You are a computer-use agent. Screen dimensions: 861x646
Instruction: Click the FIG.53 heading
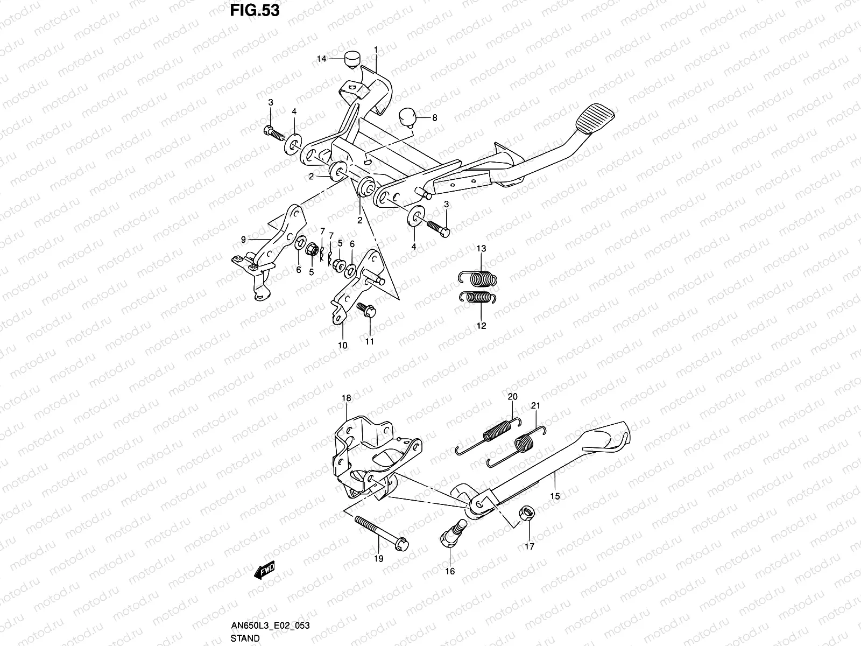click(x=255, y=11)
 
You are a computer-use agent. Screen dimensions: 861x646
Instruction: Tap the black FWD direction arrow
click(x=264, y=570)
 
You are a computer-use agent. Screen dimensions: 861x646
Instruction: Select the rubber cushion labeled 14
click(x=352, y=60)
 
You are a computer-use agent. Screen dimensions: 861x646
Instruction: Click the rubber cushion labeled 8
click(x=407, y=118)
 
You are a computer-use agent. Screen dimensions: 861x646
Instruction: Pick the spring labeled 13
click(x=478, y=279)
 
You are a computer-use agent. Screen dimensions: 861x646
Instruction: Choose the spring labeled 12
click(x=477, y=297)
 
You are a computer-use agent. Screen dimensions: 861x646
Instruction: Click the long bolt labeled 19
click(x=382, y=533)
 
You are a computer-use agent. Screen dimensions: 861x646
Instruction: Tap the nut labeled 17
click(x=526, y=512)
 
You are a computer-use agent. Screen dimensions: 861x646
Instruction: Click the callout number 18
click(x=347, y=398)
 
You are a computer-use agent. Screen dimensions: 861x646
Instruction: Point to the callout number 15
click(x=555, y=496)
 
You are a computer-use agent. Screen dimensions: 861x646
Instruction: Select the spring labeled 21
click(x=516, y=447)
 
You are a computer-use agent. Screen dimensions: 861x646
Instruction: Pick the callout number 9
click(x=243, y=239)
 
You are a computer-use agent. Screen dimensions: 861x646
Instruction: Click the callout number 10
click(x=342, y=346)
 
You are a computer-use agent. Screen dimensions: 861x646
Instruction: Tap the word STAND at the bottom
click(x=245, y=638)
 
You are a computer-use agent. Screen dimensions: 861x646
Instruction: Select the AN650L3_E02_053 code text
click(x=270, y=625)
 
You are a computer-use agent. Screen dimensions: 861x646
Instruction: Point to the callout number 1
click(x=376, y=50)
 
